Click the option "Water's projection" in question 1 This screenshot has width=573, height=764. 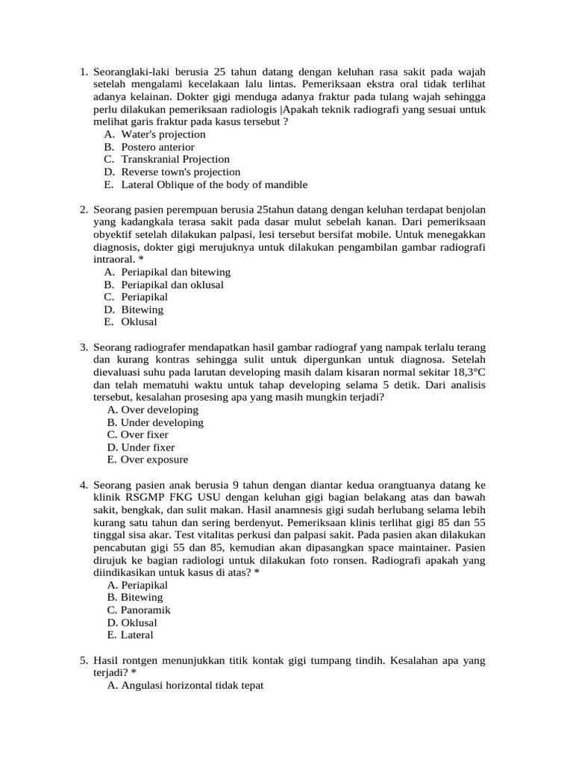[x=163, y=134]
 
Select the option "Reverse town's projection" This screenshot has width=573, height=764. [x=181, y=172]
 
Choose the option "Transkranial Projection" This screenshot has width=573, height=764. [x=175, y=160]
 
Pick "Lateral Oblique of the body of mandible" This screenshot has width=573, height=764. [x=213, y=185]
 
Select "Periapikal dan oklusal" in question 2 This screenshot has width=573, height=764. [x=172, y=284]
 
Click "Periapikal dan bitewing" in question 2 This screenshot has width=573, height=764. [x=175, y=272]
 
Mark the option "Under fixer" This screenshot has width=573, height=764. [x=148, y=448]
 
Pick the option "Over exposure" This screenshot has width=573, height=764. [x=154, y=460]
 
